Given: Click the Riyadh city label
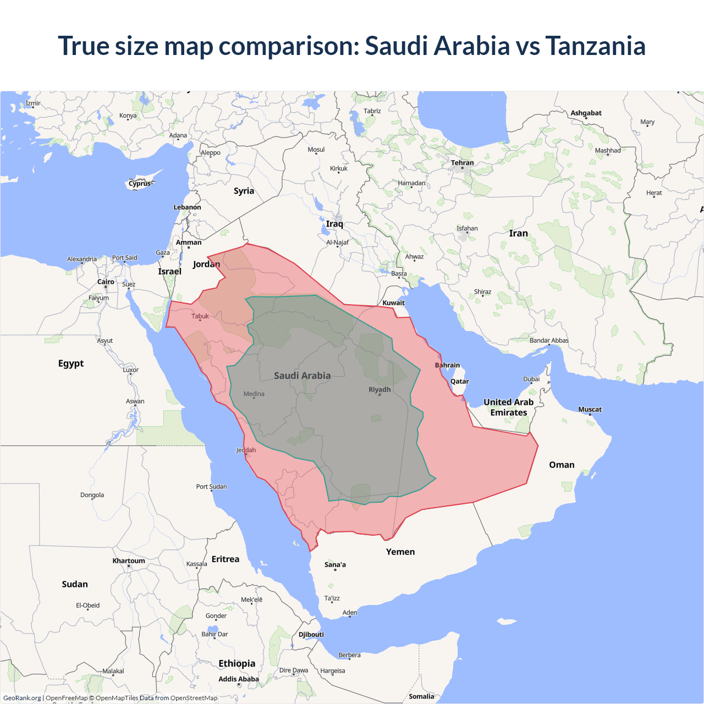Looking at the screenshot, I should (380, 389).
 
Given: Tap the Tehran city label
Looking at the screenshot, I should (462, 163).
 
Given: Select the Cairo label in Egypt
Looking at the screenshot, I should (106, 282).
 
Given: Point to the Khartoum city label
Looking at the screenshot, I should (129, 561).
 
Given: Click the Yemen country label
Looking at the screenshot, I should (400, 552).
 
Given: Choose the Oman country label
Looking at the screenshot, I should (562, 465).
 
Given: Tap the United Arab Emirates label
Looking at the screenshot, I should (508, 408).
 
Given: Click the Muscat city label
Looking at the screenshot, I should (590, 409).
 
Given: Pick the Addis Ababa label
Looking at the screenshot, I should (238, 679).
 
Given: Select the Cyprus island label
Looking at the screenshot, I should (140, 184).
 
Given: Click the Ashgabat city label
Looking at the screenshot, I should (586, 113).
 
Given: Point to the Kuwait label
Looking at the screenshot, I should (393, 302).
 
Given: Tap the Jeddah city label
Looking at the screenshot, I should (246, 450).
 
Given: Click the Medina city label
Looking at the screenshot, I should (254, 394).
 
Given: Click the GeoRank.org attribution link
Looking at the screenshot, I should (22, 698).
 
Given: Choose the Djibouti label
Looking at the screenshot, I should (311, 634).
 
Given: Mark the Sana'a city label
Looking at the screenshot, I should (335, 564).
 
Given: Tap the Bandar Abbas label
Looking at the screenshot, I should (549, 340).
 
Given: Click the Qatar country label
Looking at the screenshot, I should (459, 381).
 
